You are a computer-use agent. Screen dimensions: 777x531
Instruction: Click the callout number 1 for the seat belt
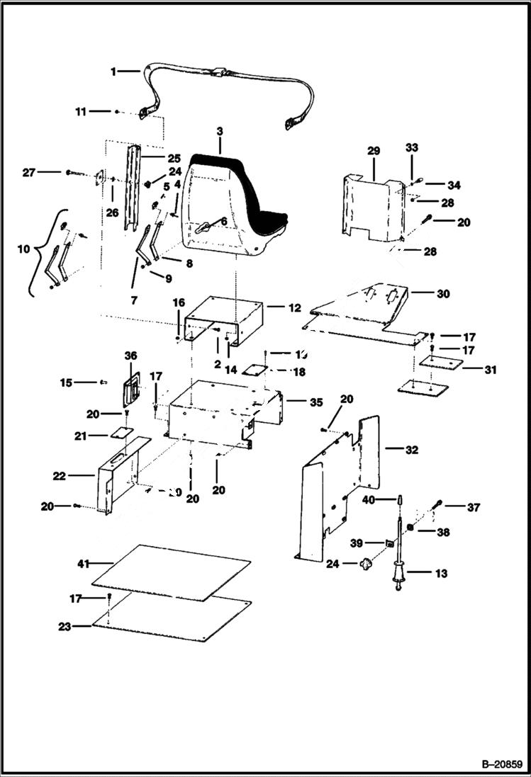click(114, 72)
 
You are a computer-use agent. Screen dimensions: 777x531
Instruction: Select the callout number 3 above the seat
click(220, 132)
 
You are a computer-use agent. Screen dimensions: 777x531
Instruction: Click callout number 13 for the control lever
click(441, 574)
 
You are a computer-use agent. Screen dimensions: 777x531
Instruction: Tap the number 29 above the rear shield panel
click(374, 152)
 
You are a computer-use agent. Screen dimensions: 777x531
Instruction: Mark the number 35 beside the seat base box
click(315, 402)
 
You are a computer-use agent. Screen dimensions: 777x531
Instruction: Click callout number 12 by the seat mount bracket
click(295, 308)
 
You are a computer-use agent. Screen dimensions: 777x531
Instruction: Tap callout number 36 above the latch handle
click(131, 355)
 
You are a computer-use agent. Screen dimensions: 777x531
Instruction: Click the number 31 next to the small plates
click(491, 370)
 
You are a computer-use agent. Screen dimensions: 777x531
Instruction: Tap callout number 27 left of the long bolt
click(28, 171)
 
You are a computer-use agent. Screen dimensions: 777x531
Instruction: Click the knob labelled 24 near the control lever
click(367, 565)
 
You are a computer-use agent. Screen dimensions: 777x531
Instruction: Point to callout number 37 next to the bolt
click(474, 507)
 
